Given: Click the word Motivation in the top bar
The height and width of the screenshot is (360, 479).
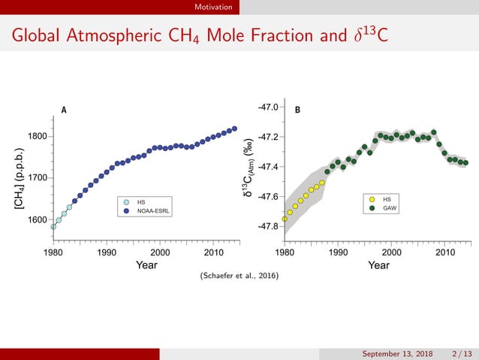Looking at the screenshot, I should coord(212,7).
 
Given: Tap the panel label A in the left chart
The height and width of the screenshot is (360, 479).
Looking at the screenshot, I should coord(64,110).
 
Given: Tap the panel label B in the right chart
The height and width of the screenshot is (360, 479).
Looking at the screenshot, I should coord(297,110).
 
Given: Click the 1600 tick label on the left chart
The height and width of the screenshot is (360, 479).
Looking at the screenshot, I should coord(38,220).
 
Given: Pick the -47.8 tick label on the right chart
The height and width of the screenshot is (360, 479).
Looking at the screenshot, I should coord(268,226).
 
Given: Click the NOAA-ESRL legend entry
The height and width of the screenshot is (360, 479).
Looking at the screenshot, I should coord(153,211).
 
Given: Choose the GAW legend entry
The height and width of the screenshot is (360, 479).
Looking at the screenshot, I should coord(389,207).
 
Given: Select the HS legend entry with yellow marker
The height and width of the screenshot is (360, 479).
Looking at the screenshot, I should coord(386,199).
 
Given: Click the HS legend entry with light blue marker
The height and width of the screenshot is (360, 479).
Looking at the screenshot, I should coord(140,202).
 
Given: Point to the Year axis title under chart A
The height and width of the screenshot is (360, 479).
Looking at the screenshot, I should coord(146,265).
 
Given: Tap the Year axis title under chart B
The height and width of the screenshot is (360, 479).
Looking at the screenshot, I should coord(378,265).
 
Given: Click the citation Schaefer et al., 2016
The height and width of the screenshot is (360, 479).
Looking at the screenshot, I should coord(239,277).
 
